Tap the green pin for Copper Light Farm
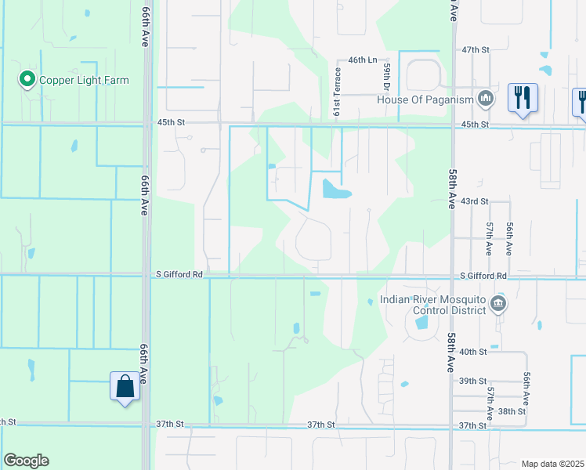point(27,79)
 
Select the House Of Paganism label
point(425,99)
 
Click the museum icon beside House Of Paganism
point(485,99)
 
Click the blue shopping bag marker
point(125,386)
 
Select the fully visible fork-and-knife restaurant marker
point(523,98)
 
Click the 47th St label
point(476,49)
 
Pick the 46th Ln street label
point(363,60)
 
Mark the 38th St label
point(512,410)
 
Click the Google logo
point(26,461)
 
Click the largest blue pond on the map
point(335,189)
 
